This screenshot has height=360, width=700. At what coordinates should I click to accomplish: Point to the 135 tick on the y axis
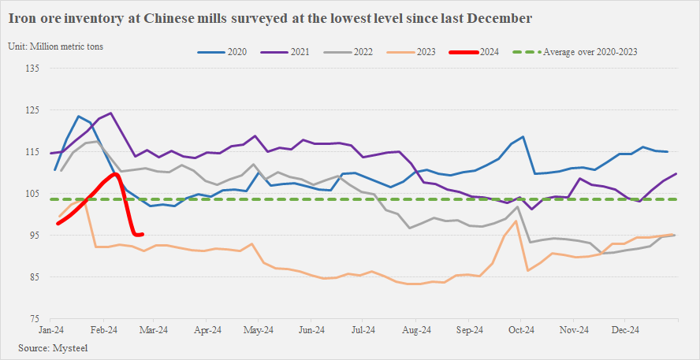click(32, 69)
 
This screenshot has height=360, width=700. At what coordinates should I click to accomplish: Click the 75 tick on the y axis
click(35, 318)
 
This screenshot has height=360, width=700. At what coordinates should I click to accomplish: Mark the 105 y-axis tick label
click(32, 194)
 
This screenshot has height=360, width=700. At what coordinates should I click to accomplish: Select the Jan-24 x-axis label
click(51, 330)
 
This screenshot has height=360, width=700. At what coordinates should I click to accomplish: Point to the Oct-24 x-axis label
click(521, 330)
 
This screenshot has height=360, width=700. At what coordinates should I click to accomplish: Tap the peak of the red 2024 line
click(115, 174)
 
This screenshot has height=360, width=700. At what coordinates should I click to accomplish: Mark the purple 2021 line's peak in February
click(111, 113)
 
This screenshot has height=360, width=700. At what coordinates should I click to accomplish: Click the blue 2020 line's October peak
click(522, 136)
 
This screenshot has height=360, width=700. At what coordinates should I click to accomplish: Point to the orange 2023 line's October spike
click(516, 221)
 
